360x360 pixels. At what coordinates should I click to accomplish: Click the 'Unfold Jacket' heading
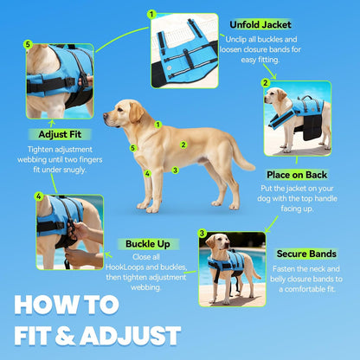pos(260,25)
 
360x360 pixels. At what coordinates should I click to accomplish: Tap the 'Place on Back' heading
pos(297,175)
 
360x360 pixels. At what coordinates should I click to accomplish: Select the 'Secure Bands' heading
pos(306,254)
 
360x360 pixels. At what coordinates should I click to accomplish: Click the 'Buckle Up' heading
pos(148,244)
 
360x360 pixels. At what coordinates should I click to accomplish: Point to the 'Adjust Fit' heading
pos(60,134)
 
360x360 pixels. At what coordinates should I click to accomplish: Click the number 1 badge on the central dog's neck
pos(157,125)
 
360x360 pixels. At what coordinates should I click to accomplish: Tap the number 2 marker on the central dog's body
pos(183,145)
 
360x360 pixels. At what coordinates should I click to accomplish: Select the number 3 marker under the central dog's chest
pos(175,170)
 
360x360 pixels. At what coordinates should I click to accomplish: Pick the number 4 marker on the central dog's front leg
pos(148,173)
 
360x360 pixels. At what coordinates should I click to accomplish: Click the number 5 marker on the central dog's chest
pos(132,148)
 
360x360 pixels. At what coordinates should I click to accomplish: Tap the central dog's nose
pos(106,115)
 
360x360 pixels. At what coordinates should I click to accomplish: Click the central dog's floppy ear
pos(136,112)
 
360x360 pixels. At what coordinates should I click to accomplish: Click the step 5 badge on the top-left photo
pos(28,44)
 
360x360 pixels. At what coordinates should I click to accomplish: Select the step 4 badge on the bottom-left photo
pos(39,196)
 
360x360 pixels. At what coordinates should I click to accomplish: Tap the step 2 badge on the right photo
pos(266,83)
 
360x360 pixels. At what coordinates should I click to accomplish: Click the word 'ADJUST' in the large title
pos(131,336)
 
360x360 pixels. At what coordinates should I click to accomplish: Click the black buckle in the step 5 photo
pos(70,82)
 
